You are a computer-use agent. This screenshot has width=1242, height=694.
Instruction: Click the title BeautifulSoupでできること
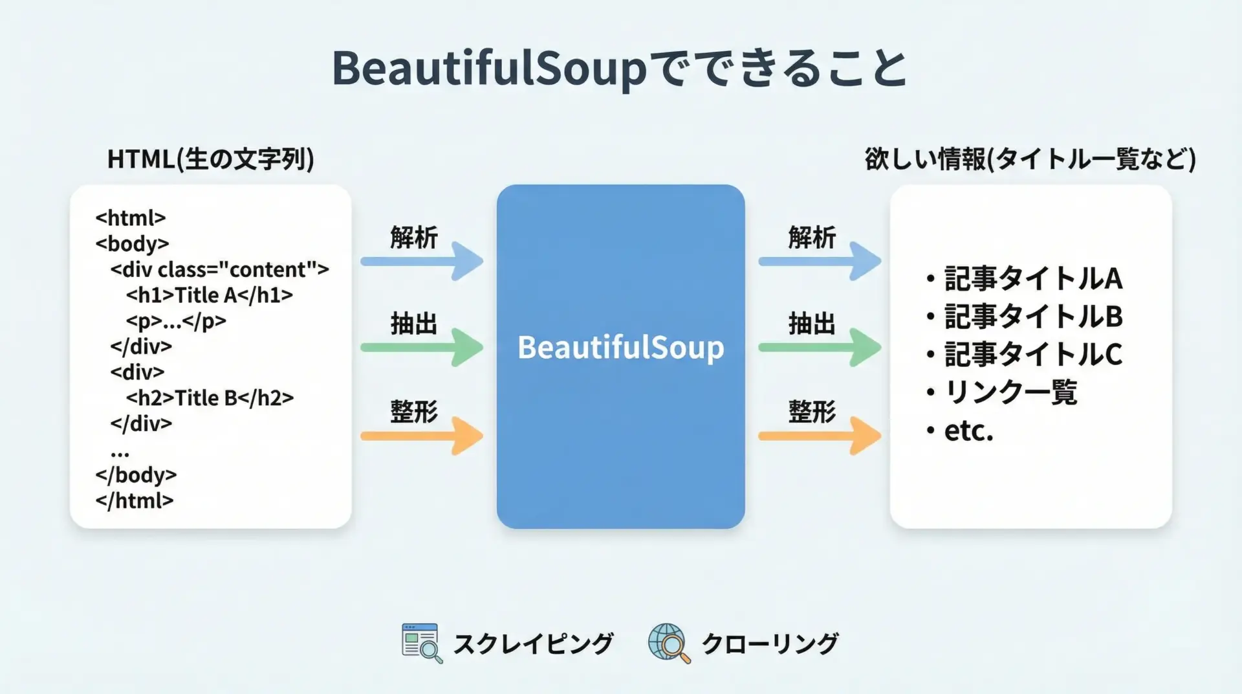620,68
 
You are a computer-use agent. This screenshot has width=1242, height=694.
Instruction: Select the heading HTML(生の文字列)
210,159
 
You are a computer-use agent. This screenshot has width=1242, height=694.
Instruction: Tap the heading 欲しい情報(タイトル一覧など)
1030,159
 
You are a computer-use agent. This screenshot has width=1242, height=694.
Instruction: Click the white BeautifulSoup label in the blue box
620,348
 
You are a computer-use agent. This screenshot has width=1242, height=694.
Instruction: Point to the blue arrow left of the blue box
422,262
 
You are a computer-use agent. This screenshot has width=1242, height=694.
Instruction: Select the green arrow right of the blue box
820,348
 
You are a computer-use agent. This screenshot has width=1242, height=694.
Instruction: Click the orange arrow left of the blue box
422,436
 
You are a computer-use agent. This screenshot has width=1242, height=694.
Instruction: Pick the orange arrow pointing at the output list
820,436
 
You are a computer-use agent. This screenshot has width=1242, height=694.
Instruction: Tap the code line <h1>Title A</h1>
209,295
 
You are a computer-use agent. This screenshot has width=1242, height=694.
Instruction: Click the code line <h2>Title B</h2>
210,397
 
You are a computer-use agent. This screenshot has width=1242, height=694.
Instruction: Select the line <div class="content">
219,269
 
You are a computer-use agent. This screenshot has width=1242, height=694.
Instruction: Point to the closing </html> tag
135,500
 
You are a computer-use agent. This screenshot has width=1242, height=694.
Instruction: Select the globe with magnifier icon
670,644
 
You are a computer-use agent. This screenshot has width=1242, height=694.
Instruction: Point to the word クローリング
770,644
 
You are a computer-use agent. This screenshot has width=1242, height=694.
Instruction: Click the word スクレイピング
533,644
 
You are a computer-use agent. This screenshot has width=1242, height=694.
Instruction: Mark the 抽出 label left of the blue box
414,324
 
